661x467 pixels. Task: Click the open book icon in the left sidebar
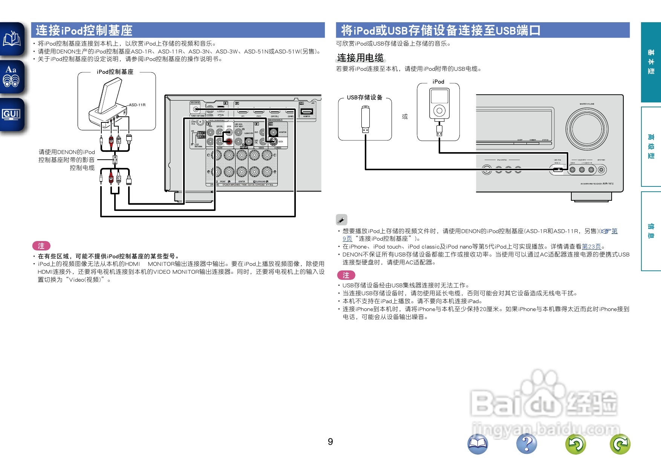tap(12, 39)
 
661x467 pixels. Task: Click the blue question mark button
tap(526, 444)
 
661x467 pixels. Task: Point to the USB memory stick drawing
tap(365, 119)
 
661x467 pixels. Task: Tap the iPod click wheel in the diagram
tap(439, 111)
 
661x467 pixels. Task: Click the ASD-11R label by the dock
tap(137, 105)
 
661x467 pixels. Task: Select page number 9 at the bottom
tap(330, 441)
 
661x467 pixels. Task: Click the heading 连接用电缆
tap(360, 58)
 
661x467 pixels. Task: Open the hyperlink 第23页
tap(591, 246)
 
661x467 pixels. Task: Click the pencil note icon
tap(341, 220)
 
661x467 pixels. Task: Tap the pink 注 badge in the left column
tap(41, 246)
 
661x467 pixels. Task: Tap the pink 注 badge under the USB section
tap(346, 275)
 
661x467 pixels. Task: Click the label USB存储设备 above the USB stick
tap(364, 98)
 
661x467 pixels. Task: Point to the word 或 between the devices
tap(405, 116)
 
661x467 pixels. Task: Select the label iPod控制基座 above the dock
tap(115, 72)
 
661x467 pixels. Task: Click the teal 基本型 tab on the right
tap(651, 62)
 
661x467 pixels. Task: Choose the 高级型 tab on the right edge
tap(651, 147)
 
